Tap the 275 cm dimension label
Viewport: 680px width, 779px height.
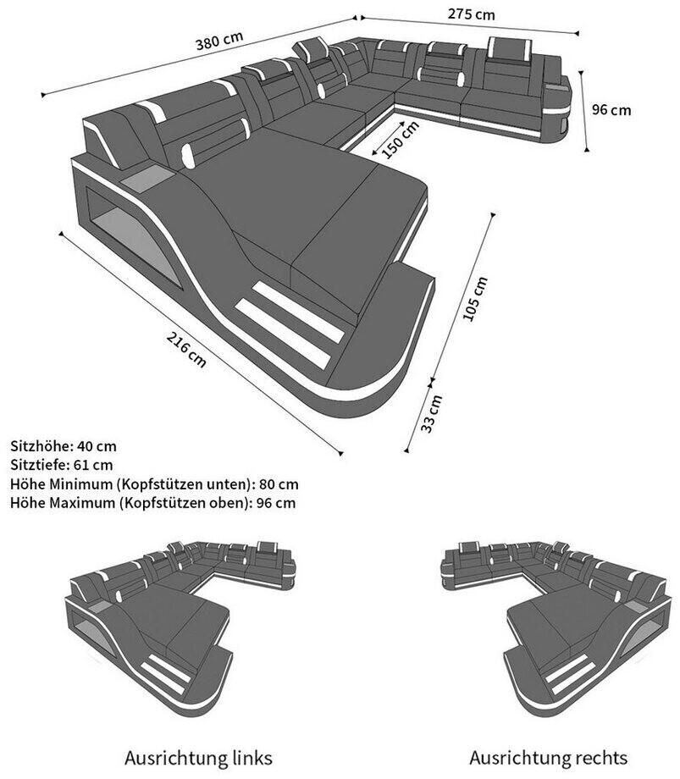[x=470, y=14]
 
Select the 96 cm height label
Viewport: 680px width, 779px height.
[x=611, y=109]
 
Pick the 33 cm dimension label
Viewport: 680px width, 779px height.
[x=433, y=412]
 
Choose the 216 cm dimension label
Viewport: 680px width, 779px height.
[x=186, y=348]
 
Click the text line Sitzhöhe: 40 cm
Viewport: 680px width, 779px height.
[x=64, y=445]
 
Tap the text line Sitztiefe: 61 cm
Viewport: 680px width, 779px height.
[x=62, y=465]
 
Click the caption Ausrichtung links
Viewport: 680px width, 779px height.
[x=198, y=756]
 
